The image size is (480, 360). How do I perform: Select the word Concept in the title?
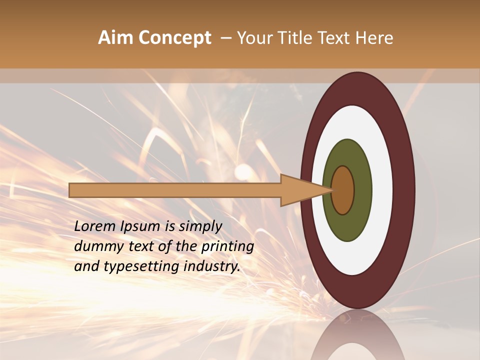[174, 38]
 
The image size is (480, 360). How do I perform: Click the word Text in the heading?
[334, 38]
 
